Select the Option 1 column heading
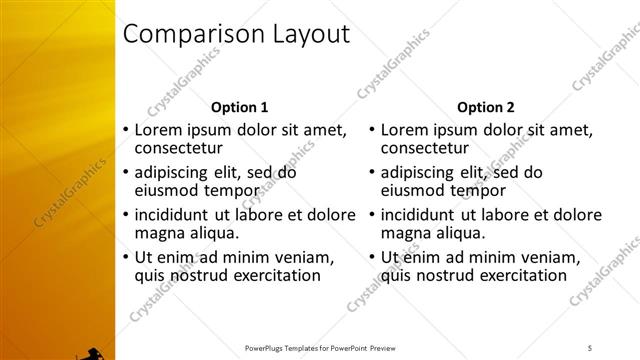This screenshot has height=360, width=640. point(239,107)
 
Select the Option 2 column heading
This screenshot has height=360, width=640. point(485,107)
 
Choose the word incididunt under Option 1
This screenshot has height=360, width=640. point(171,214)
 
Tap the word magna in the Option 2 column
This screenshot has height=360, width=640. point(405,232)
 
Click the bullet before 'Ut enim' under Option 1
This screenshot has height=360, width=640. point(124,257)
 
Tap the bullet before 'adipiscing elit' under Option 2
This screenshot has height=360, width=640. point(370,173)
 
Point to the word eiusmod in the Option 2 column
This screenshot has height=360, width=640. point(413,190)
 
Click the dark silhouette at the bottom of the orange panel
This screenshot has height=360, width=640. point(93,353)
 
